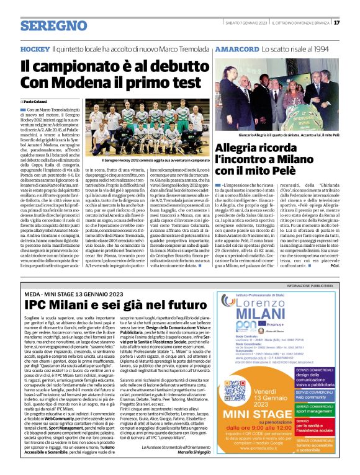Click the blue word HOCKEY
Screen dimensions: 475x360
pyautogui.click(x=34, y=48)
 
